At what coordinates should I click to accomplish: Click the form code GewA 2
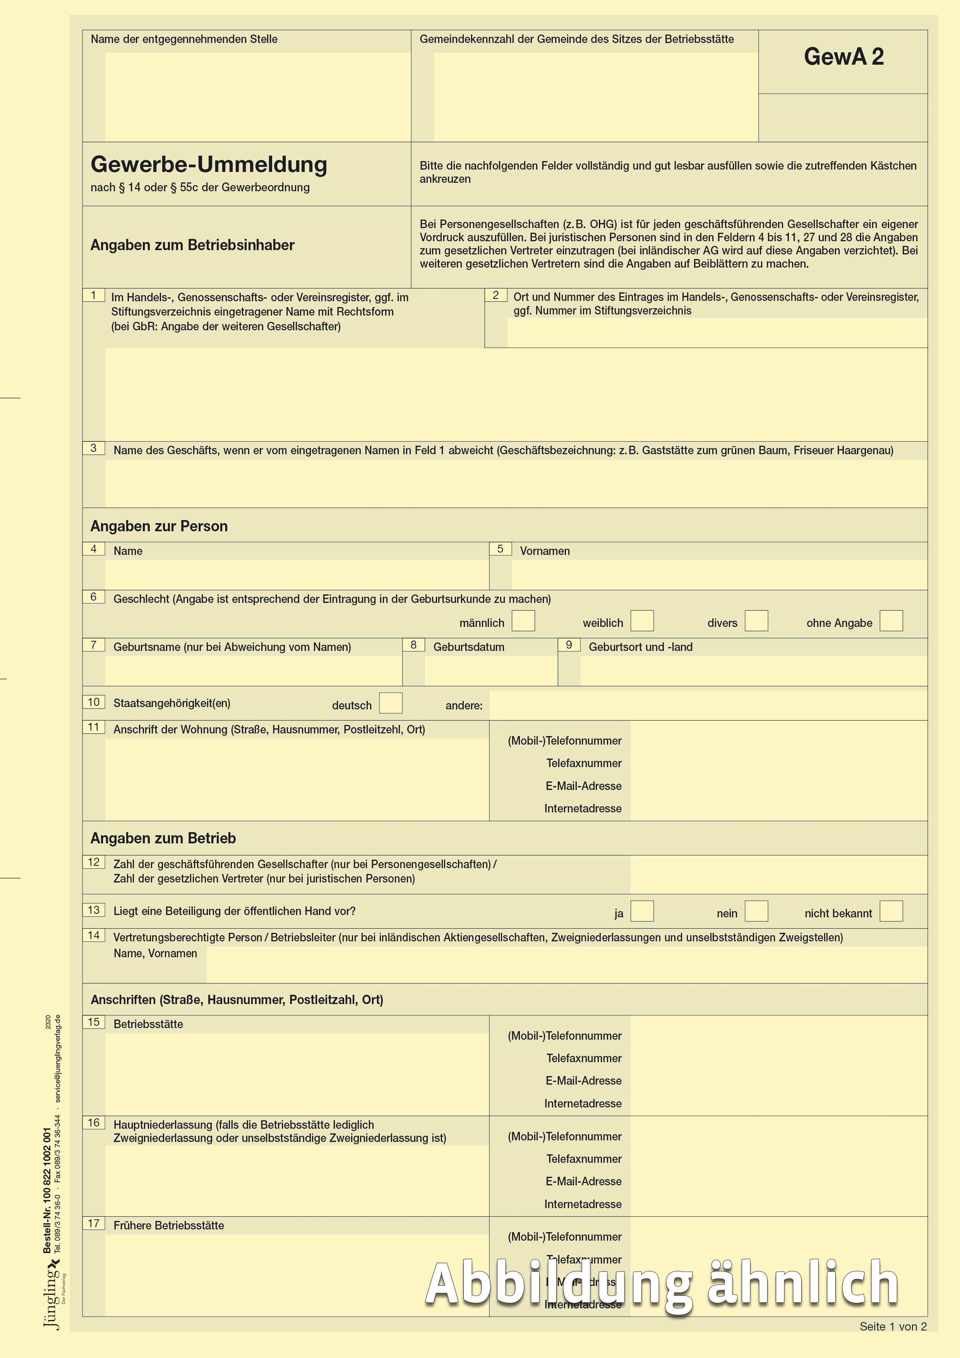[843, 57]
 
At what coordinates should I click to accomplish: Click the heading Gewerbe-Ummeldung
[209, 165]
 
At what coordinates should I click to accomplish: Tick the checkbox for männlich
[523, 621]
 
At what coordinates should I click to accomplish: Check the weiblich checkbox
[642, 621]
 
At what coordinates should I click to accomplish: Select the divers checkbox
[756, 621]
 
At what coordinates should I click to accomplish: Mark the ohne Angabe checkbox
[891, 621]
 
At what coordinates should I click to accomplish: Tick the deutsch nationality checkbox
[390, 703]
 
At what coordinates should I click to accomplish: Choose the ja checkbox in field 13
[642, 912]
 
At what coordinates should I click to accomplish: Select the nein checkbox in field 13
[756, 912]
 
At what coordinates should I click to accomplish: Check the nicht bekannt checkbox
[891, 912]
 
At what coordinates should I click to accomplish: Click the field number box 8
[413, 645]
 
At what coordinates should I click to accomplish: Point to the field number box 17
[93, 1224]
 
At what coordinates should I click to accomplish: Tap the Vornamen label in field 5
[544, 551]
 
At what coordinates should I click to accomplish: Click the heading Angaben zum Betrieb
[163, 839]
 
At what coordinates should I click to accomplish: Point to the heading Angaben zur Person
[159, 526]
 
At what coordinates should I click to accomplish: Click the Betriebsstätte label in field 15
[148, 1025]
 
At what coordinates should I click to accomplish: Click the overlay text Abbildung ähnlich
[662, 1284]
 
